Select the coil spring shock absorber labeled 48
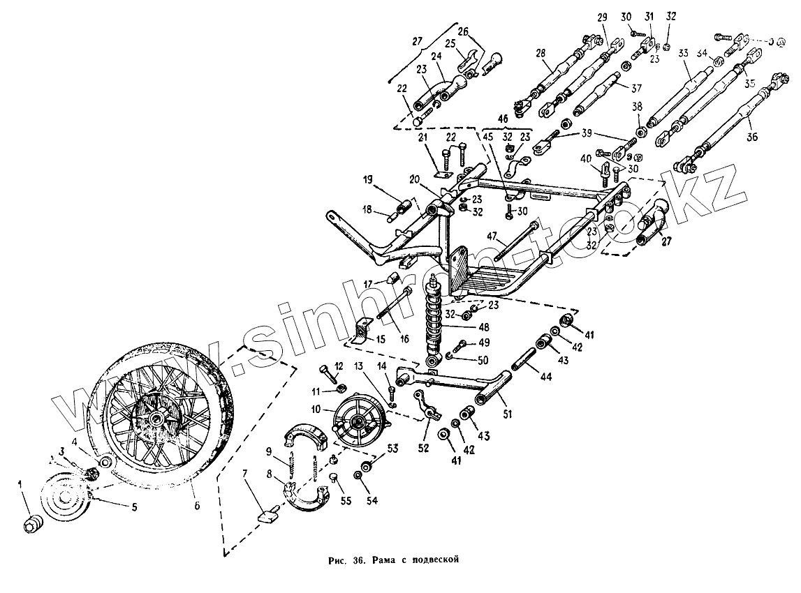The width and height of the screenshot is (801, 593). (x=436, y=321)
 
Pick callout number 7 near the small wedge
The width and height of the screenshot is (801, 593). (x=244, y=474)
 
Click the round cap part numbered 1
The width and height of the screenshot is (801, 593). (x=34, y=523)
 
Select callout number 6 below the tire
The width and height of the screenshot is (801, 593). (x=197, y=506)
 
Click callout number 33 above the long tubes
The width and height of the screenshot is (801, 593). (x=683, y=53)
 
